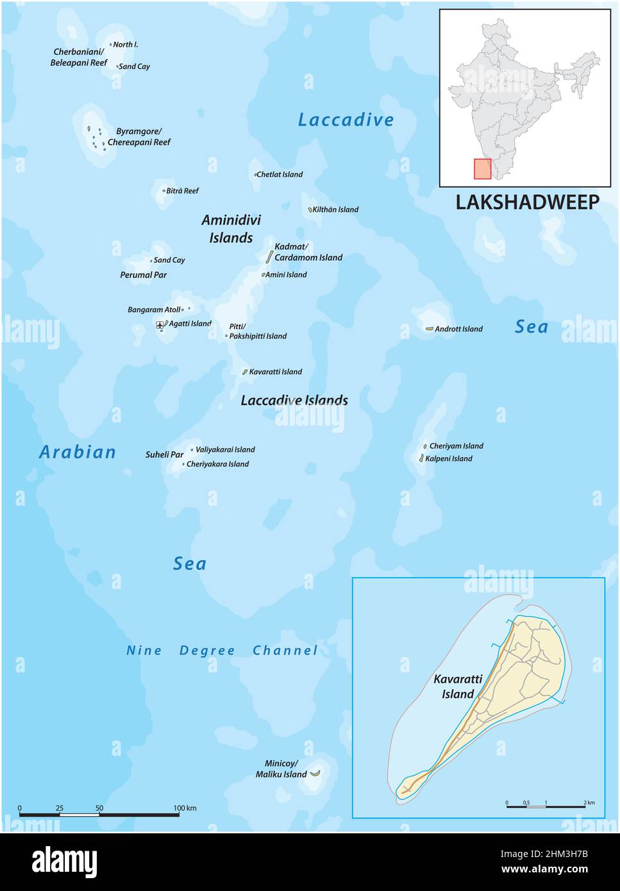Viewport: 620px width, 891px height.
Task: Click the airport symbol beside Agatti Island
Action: click(x=160, y=325)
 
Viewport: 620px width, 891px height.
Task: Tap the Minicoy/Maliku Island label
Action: click(x=286, y=769)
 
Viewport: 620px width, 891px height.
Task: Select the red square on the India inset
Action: click(x=482, y=169)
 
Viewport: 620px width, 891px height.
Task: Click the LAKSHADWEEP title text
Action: click(x=527, y=202)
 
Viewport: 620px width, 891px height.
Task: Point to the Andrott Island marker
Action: click(x=429, y=329)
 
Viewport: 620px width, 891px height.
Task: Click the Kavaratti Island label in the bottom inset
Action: click(x=453, y=686)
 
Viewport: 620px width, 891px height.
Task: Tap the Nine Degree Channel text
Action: click(x=222, y=651)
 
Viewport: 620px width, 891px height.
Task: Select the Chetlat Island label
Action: click(x=280, y=174)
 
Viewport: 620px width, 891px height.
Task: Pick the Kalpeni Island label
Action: click(x=451, y=458)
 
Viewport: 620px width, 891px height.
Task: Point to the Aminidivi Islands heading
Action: click(x=231, y=229)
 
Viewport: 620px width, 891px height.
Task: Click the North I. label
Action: click(x=126, y=45)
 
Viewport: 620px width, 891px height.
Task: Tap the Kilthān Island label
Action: click(x=335, y=210)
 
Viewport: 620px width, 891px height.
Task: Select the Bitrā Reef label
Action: click(x=183, y=191)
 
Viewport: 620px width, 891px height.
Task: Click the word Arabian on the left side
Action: click(x=78, y=452)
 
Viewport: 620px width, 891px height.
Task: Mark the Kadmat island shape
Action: click(x=269, y=256)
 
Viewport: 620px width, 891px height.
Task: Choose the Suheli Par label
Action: click(x=164, y=454)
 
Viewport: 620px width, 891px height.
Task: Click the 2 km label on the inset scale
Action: click(x=589, y=803)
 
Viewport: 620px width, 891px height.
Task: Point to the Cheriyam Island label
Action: click(x=456, y=446)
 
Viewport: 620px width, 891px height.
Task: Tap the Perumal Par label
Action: click(x=143, y=275)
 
